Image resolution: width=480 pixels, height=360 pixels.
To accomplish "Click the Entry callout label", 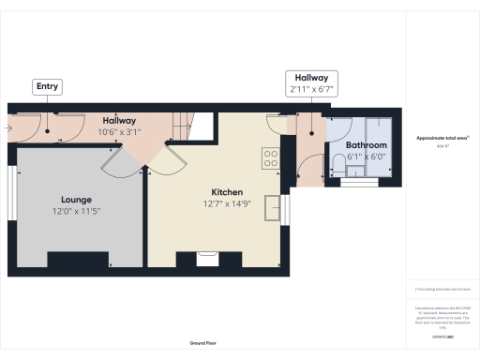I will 48,87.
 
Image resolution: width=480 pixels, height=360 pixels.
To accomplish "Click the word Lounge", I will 76,200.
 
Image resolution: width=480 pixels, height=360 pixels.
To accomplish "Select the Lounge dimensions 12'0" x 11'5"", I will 76,212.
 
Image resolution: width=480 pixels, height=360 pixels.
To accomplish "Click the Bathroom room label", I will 366,145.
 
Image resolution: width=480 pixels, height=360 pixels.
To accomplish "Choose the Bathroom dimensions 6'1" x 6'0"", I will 366,157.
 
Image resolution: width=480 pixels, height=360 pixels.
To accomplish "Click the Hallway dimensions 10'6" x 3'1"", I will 119,132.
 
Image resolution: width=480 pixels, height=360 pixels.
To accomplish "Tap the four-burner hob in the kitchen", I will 271,158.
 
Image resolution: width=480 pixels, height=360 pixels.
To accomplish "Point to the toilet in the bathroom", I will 338,167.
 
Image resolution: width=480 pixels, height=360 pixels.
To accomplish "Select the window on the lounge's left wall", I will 13,192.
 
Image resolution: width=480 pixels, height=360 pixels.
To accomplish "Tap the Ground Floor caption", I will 203,343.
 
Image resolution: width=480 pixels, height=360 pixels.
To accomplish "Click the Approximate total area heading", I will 442,138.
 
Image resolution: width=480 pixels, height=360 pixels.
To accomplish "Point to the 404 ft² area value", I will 442,146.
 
